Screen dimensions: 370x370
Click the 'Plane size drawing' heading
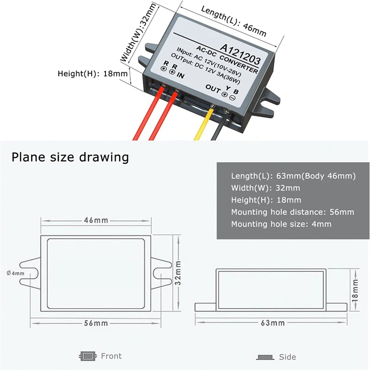coord(70,157)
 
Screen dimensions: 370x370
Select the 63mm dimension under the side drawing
coord(270,322)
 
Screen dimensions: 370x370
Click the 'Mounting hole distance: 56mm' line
coord(292,212)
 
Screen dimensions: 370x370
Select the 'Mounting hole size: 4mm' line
coord(281,224)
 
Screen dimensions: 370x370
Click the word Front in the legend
coord(111,356)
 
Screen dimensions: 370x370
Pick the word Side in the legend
coord(287,357)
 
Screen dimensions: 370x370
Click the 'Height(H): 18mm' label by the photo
coord(92,74)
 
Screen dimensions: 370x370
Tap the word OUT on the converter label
coord(212,88)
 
